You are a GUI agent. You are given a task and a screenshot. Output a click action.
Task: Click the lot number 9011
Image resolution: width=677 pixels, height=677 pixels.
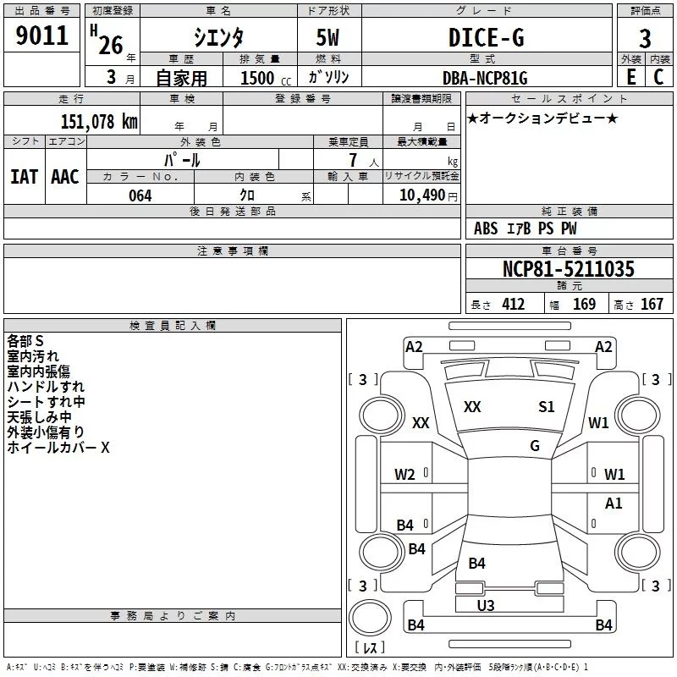pyautogui.click(x=41, y=35)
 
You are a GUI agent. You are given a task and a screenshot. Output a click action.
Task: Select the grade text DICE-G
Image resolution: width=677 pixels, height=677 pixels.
pyautogui.click(x=487, y=37)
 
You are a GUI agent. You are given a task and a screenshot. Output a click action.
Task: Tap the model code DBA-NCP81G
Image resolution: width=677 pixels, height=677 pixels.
pyautogui.click(x=485, y=78)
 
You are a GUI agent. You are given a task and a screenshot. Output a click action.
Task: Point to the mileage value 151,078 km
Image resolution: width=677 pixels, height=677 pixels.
pyautogui.click(x=99, y=121)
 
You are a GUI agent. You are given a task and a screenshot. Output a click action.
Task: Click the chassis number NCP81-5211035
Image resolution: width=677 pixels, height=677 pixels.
pyautogui.click(x=569, y=268)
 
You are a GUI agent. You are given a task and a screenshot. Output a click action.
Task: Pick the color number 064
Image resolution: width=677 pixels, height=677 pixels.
pyautogui.click(x=140, y=195)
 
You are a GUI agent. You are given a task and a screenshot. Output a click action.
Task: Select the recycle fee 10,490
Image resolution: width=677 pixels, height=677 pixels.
pyautogui.click(x=422, y=195)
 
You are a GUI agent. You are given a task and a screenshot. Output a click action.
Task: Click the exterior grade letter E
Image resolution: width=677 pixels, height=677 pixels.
pyautogui.click(x=631, y=77)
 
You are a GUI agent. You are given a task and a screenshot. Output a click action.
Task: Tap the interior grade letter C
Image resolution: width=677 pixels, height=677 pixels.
pyautogui.click(x=658, y=77)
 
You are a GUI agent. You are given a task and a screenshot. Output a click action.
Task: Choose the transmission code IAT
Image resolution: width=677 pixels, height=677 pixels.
pyautogui.click(x=25, y=177)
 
